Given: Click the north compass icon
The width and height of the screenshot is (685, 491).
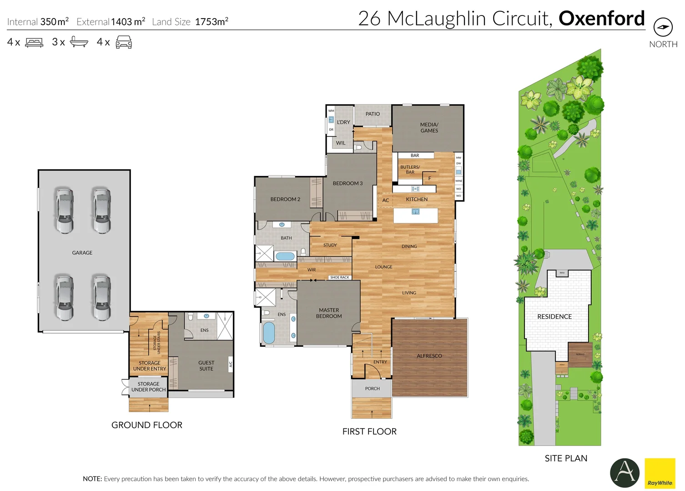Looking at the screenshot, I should tap(663, 27).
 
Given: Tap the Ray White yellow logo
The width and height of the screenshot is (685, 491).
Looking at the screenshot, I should tap(660, 473).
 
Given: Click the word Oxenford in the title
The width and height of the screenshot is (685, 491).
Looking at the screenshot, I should tap(601, 18).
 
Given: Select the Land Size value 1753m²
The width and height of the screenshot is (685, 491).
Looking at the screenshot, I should tap(212, 21).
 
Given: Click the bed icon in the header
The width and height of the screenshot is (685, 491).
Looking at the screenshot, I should tap(34, 42).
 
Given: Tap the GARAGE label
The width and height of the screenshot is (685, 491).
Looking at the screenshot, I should tap(82, 253).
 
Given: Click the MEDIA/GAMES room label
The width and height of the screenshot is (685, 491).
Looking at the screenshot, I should tap(429, 127).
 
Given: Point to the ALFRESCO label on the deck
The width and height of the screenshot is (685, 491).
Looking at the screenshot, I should tap(429, 356).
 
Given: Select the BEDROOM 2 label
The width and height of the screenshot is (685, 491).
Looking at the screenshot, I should tap(285, 199).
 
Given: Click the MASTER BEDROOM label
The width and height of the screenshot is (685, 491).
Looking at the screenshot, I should tap(329, 313).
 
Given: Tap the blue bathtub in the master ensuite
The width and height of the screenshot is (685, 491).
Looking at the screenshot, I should tap(269, 332).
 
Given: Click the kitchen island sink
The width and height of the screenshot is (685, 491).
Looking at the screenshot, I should tap(415, 211).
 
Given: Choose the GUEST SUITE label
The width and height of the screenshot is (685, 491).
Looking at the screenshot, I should tap(206, 366).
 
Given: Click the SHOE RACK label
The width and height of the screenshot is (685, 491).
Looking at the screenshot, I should tap(339, 277).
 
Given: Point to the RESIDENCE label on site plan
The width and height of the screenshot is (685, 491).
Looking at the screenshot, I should tap(554, 316).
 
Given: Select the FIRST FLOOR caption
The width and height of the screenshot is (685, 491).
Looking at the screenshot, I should tap(369, 431).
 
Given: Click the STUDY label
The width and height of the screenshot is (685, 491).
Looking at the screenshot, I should tap(330, 245).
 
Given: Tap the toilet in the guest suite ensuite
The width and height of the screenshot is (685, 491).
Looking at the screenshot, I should tap(191, 316).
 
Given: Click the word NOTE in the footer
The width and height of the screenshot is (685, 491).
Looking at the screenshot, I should tap(92, 479).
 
